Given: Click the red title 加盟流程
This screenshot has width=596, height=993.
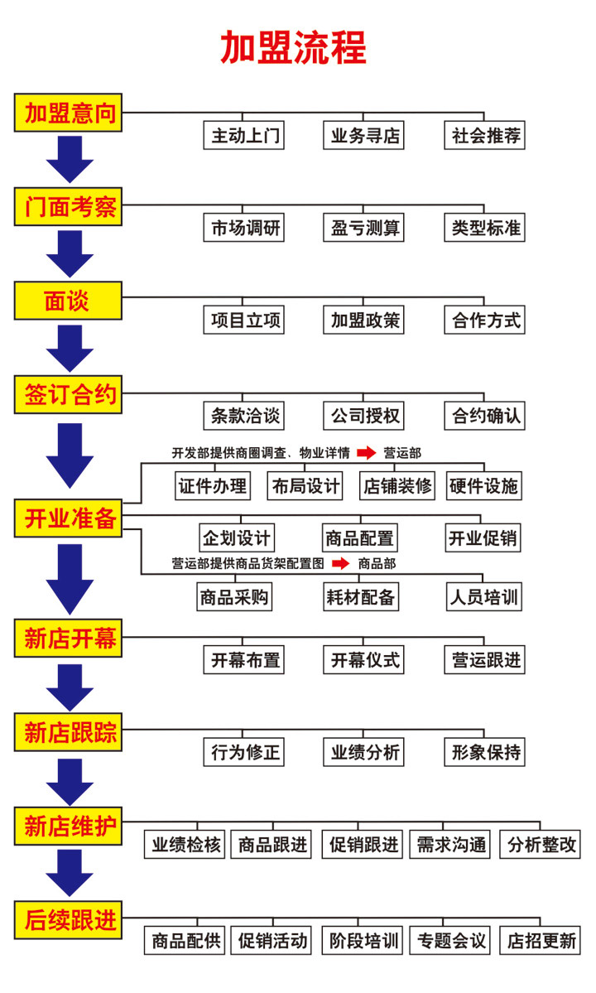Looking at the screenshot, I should [293, 48].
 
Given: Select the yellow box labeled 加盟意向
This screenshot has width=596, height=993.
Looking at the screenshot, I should [69, 112].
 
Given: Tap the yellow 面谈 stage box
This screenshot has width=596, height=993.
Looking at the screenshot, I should [69, 301].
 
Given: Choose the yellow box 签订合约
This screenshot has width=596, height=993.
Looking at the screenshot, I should [69, 395].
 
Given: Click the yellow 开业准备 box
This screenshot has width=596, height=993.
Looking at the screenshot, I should [69, 518].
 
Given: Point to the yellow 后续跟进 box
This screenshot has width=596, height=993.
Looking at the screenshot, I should [69, 918].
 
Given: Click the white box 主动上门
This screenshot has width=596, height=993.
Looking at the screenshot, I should [244, 136].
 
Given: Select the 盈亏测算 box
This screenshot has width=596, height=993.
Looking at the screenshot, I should [364, 228].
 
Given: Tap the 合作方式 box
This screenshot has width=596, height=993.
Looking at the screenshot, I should [485, 320].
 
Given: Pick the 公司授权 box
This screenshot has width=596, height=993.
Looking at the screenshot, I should [364, 415].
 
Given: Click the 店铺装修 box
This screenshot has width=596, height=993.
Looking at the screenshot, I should [397, 485].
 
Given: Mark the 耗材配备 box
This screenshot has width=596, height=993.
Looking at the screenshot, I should [360, 596].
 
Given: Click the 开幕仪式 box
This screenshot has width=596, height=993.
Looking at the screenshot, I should [364, 659].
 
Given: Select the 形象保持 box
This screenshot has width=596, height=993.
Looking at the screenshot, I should [485, 752].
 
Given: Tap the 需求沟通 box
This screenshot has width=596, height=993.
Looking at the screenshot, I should [452, 845].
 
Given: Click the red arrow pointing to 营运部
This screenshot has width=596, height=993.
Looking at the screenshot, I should [366, 453].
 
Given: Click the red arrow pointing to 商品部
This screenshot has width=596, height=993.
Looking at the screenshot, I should [340, 564].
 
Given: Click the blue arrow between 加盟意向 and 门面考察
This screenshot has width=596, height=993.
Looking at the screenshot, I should [70, 159].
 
